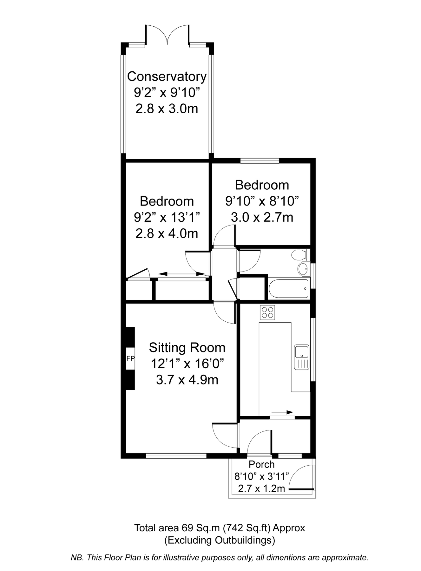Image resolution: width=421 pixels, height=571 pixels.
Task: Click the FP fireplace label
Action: (130, 359)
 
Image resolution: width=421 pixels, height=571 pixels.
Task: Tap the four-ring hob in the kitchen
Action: (267, 312)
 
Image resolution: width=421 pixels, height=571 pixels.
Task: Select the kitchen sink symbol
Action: (301, 357)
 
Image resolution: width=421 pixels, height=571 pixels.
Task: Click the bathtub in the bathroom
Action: (288, 288)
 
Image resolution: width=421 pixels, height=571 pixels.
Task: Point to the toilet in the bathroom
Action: (299, 255)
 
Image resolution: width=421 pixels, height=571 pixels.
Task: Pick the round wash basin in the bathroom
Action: (303, 269)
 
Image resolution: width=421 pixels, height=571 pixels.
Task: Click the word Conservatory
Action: (167, 76)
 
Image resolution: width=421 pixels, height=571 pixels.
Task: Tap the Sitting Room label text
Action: (187, 348)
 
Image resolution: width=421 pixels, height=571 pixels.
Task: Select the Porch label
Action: (261, 464)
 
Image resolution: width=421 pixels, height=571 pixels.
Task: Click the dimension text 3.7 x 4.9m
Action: (187, 380)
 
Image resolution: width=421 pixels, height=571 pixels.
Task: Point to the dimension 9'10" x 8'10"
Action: (262, 201)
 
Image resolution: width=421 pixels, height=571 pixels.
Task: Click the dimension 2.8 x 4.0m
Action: (167, 234)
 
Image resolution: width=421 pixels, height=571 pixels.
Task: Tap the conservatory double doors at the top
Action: (167, 35)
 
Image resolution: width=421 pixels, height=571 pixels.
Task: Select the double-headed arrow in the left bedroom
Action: (182, 274)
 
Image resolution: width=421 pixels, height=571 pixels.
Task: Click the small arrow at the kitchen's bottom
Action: (282, 412)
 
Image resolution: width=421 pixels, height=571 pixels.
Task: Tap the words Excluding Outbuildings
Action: (220, 540)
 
